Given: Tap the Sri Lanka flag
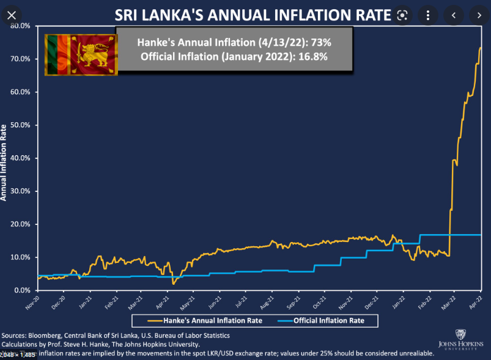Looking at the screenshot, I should (x=81, y=54).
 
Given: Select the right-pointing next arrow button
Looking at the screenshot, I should (x=478, y=15).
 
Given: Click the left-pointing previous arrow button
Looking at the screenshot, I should (x=453, y=15).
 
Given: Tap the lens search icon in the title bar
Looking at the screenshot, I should (x=402, y=15).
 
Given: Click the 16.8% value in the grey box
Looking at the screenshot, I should (x=311, y=57).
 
